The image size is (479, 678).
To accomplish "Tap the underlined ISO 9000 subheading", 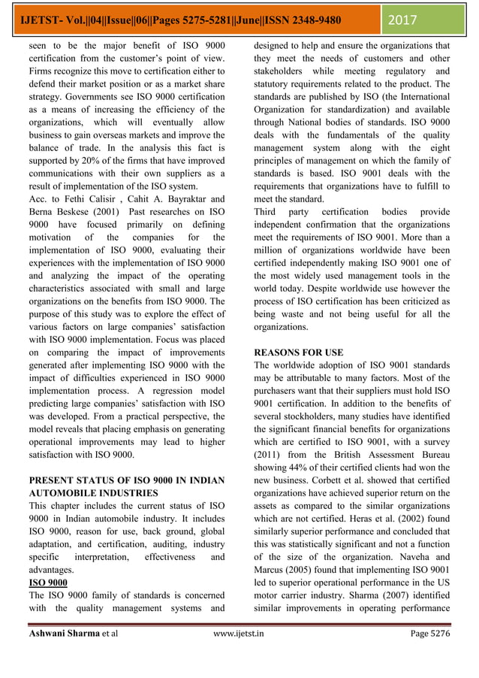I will point(47,583).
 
